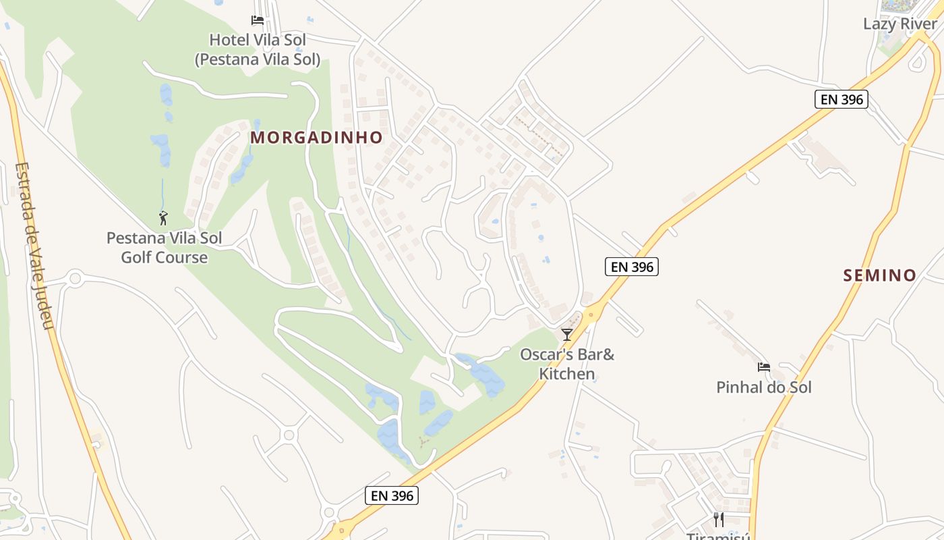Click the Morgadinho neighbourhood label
point(316,138)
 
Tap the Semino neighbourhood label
point(879,275)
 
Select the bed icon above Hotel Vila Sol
point(258,20)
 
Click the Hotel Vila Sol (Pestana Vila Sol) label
point(258,50)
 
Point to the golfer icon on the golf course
point(163,218)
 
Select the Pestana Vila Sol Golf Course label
point(164,248)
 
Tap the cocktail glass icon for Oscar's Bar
point(567,335)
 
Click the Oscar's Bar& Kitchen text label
point(567,364)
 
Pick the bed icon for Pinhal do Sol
point(763,367)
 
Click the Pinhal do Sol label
point(763,387)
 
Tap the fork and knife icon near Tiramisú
point(719,519)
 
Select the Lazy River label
point(899,24)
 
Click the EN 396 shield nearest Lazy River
point(840,99)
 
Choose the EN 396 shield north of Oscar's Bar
point(631,267)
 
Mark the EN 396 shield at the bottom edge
point(392,495)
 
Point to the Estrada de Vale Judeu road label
point(33,246)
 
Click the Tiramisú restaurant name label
point(719,536)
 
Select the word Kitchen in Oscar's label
point(567,374)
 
